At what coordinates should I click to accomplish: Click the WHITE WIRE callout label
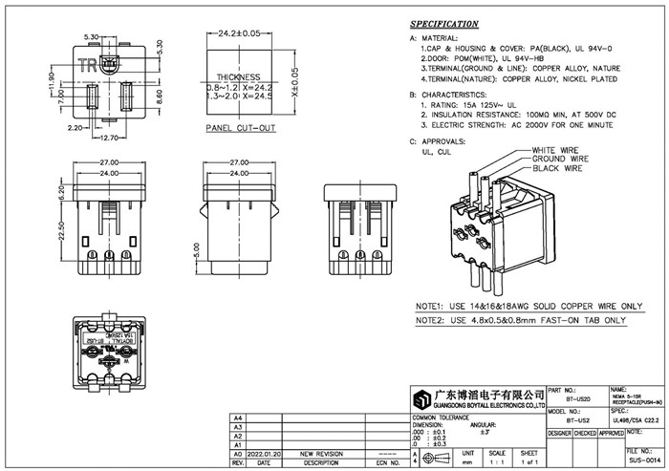point(557,150)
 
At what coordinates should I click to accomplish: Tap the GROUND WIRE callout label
point(559,159)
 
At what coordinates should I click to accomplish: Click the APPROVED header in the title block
point(611,433)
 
